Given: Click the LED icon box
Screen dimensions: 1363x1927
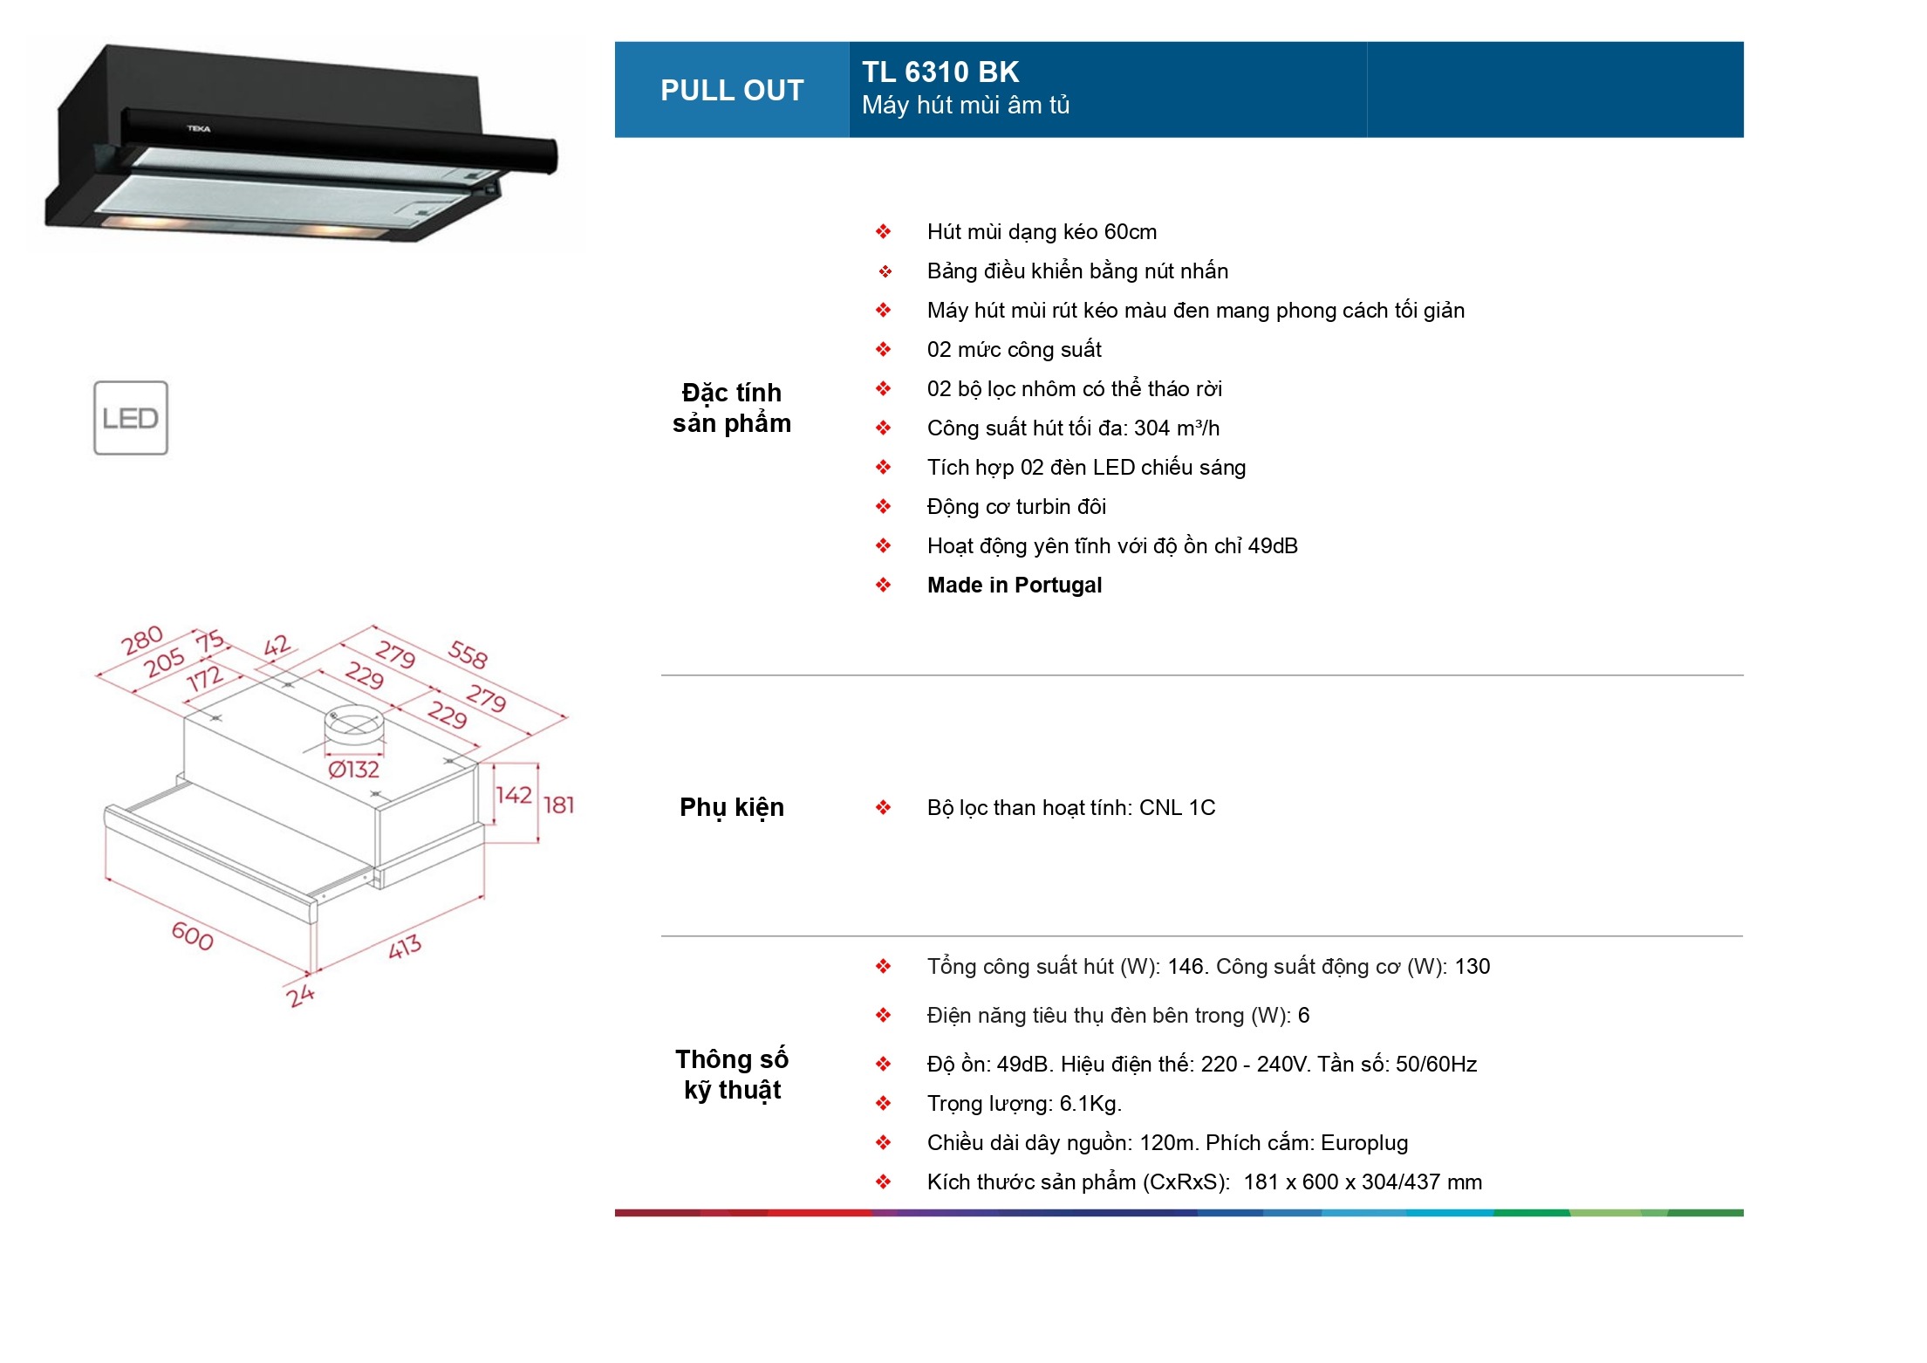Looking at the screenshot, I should (131, 418).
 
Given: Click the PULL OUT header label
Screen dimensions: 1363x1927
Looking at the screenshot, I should (731, 90).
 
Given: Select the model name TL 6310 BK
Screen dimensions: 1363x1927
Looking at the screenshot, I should (940, 72).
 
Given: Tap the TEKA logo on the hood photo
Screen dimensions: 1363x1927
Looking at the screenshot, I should (199, 128).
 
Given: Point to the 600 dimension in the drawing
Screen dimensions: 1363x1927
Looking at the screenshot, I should (192, 936).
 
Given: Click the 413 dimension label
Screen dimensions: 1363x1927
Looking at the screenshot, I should (405, 946).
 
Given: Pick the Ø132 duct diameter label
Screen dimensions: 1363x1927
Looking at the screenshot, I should (353, 770).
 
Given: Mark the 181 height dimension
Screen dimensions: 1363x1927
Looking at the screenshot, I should (558, 805).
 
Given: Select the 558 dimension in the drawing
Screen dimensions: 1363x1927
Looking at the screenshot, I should (468, 654).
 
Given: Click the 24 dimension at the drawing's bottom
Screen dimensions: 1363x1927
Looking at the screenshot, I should (300, 995).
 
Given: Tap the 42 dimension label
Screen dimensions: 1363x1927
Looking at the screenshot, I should (277, 646).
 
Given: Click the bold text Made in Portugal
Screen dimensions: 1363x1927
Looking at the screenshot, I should (1014, 585).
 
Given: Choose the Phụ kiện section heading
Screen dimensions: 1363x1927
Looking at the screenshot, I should (731, 807).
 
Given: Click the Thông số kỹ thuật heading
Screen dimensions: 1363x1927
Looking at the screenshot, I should (731, 1074).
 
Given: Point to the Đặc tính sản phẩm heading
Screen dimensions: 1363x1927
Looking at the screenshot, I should (731, 408).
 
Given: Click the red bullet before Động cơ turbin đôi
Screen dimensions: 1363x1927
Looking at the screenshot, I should (883, 506).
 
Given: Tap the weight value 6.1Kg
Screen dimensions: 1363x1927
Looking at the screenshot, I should (1089, 1103).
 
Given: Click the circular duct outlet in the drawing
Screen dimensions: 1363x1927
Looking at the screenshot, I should (353, 723).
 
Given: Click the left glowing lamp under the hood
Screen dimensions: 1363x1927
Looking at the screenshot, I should (144, 223).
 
